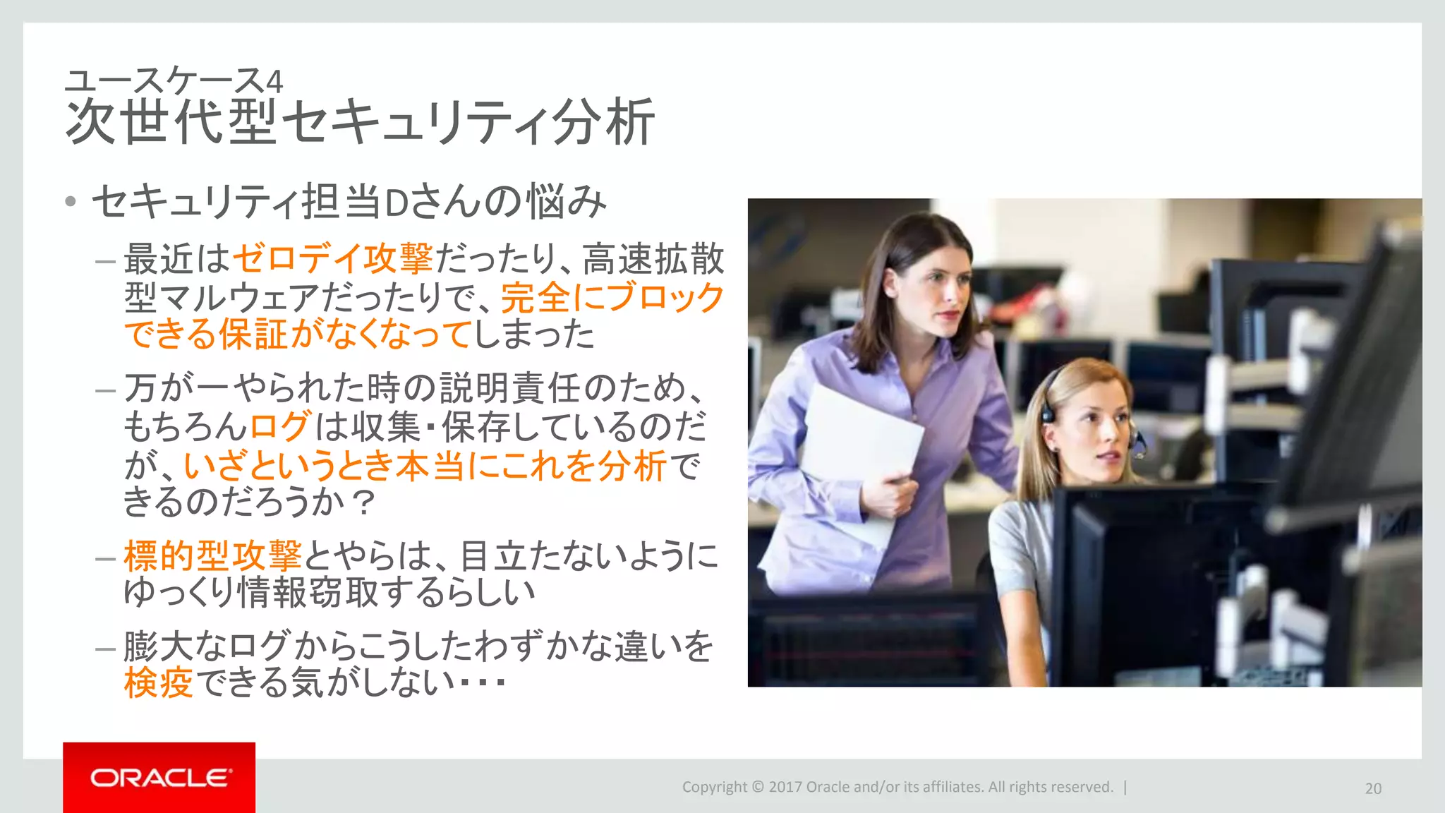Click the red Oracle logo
click(159, 777)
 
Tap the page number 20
click(1373, 788)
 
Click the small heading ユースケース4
click(174, 81)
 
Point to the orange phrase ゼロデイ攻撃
click(332, 258)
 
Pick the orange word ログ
click(279, 426)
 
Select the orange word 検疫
click(158, 682)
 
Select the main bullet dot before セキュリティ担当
click(70, 202)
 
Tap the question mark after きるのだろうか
click(363, 503)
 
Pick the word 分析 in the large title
click(603, 122)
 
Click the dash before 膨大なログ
click(105, 649)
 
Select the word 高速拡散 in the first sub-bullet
click(653, 258)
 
